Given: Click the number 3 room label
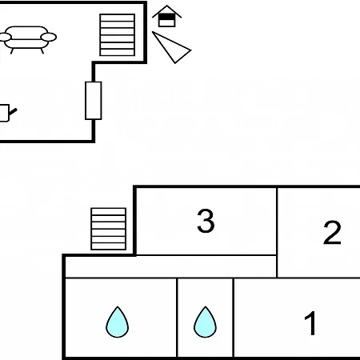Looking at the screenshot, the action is pos(206,221).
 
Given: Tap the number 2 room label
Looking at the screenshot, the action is pos(332,232).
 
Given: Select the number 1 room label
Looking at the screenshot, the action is pos(310,323).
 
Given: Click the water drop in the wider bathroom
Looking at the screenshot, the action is pos(118,322).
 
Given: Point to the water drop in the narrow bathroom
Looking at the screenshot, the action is pos(205,322).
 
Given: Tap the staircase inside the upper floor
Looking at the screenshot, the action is pos(117,35).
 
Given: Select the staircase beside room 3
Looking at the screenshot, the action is pos(108,229).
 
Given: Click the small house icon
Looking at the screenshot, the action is pos(167,16).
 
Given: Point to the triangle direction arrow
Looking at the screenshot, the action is pos(172,48).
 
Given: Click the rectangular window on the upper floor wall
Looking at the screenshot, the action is pos(94,101).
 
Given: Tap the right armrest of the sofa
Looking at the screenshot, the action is pos(49,37).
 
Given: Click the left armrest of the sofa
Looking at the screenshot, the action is pos(5,37).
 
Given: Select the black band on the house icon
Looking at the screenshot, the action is pos(167,17).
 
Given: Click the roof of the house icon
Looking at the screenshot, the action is pos(167,11).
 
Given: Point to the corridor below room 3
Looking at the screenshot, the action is pos(170,266).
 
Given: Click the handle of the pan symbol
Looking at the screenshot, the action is pos(13,112).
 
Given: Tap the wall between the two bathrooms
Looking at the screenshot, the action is pos(177,318).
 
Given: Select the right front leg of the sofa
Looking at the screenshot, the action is pos(42,51).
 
